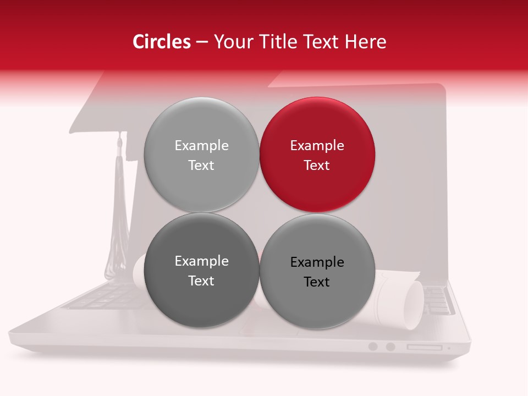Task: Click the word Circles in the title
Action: click(x=161, y=42)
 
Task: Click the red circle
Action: click(x=317, y=155)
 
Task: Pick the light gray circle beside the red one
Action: click(x=201, y=155)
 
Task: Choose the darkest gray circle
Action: click(x=201, y=270)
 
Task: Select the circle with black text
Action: click(x=317, y=271)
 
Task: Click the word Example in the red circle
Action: click(x=317, y=146)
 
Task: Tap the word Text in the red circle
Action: click(x=317, y=166)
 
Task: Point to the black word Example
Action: click(x=317, y=262)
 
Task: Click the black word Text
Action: click(x=317, y=282)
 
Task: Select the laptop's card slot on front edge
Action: click(x=424, y=348)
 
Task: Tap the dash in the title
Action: click(x=202, y=42)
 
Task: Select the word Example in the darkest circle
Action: click(x=201, y=261)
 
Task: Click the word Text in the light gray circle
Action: click(x=201, y=166)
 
